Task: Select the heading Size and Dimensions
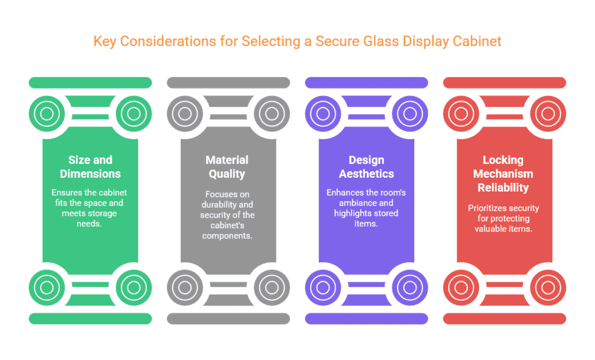tap(90, 167)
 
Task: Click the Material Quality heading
tap(227, 167)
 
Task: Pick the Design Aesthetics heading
tap(367, 167)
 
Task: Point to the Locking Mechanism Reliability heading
tap(503, 174)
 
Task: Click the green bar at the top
tap(90, 82)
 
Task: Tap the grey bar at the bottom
tap(228, 319)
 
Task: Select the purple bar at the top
tap(367, 82)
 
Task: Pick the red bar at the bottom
tap(505, 319)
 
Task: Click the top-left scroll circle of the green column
tap(47, 114)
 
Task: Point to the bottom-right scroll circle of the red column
tap(548, 287)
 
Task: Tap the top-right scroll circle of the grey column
tap(272, 114)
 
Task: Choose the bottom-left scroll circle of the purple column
tap(323, 287)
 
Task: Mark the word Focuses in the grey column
tap(216, 194)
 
